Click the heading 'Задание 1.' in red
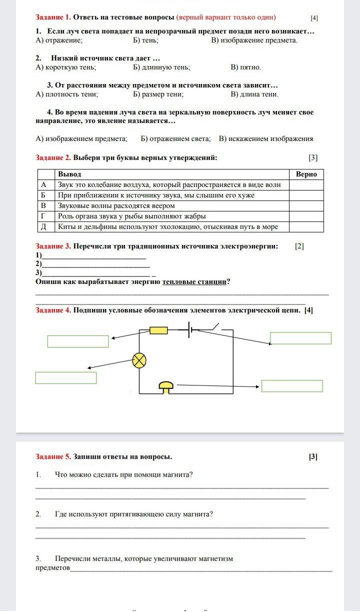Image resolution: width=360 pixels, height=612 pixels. click(53, 17)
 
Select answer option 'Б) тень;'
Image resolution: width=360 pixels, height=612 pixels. click(146, 40)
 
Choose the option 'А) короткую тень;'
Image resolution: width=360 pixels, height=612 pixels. click(66, 67)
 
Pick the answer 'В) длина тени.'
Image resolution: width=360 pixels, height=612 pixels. click(254, 94)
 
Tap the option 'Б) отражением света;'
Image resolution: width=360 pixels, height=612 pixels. click(175, 139)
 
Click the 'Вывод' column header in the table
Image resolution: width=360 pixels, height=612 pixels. click(69, 174)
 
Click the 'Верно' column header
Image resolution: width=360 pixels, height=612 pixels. click(306, 174)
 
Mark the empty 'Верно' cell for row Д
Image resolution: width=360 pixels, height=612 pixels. click(306, 227)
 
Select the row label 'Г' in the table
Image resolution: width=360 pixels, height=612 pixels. click(43, 216)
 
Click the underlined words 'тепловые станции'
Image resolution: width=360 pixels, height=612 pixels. click(194, 282)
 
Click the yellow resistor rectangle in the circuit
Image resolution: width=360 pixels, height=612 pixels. click(159, 330)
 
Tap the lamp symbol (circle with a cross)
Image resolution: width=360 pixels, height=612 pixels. click(139, 360)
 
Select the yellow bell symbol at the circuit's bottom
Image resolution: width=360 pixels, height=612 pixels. click(166, 386)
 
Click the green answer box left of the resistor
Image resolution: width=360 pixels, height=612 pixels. click(78, 341)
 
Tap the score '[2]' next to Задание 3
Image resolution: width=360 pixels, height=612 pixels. click(299, 246)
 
